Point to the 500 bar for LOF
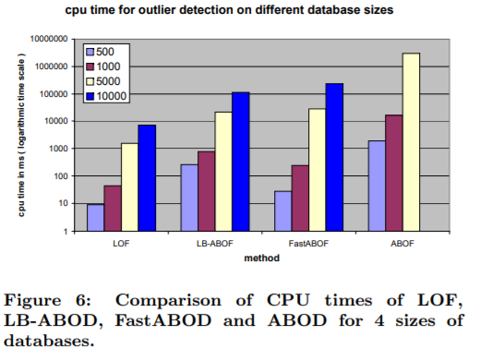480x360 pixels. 94,217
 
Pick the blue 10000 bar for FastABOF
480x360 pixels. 333,157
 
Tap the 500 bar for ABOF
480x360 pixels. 376,186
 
